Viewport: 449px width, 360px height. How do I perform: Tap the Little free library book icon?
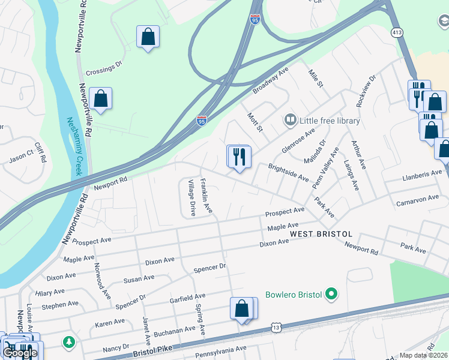[x=291, y=121]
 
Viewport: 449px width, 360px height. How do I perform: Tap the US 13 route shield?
[x=276, y=328]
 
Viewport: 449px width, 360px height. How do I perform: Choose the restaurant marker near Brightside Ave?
[x=239, y=157]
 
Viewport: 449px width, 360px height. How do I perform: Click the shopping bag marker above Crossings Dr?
[x=148, y=37]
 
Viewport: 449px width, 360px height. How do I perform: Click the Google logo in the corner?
[x=20, y=353]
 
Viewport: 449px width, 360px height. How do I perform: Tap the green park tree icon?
[x=70, y=342]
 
